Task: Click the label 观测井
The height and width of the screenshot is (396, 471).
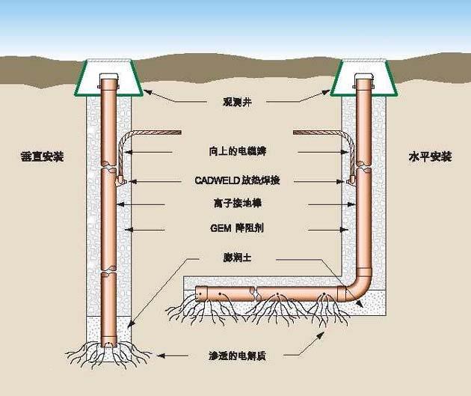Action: tap(235, 99)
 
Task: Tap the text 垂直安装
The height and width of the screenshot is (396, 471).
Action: tap(43, 157)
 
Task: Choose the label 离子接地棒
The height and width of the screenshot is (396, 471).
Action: tap(236, 202)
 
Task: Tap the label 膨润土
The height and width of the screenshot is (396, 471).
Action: tap(236, 257)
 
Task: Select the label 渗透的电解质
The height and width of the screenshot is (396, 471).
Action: tap(236, 357)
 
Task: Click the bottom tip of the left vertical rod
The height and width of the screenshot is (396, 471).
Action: tap(111, 347)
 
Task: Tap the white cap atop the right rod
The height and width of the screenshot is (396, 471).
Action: tap(363, 78)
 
